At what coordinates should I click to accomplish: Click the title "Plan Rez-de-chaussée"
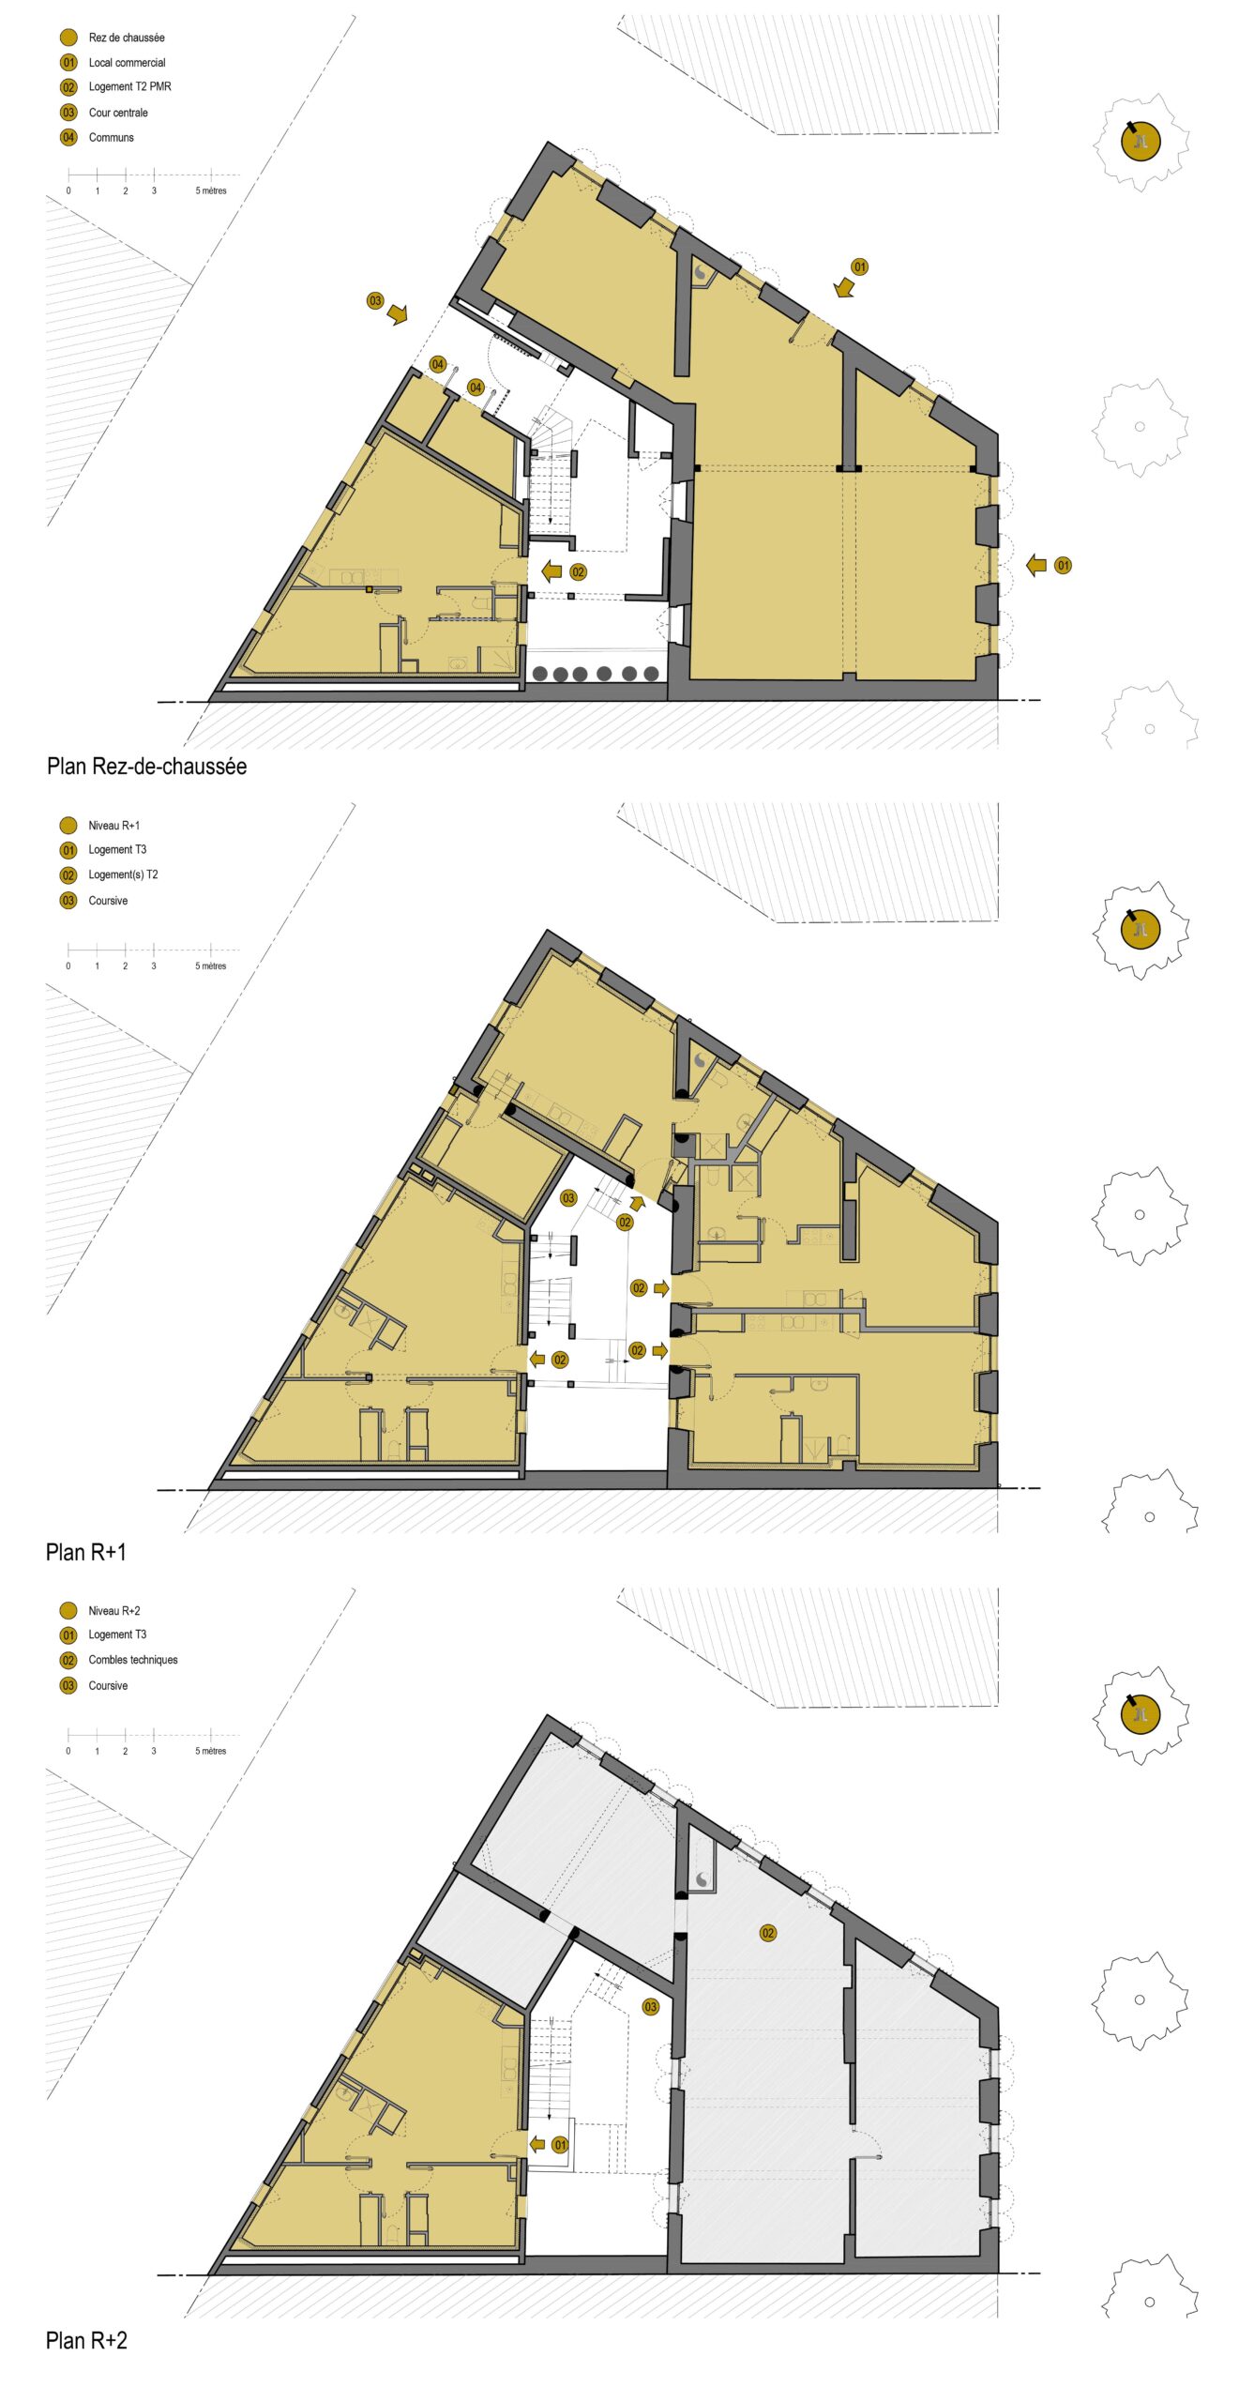point(146,767)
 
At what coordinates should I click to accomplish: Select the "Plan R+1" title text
point(85,1552)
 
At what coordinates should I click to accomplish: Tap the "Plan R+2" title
point(86,2340)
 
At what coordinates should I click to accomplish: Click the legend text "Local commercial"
point(127,63)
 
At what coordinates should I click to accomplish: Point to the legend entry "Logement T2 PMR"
point(129,86)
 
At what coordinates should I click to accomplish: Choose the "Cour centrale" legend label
point(118,113)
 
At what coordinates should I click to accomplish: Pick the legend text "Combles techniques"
point(133,1660)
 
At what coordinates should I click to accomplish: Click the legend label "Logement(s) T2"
point(123,874)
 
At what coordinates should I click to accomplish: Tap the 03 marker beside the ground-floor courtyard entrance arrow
point(375,301)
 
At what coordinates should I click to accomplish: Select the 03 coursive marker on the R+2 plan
point(651,2007)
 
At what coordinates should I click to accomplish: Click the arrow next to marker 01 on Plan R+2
point(537,2144)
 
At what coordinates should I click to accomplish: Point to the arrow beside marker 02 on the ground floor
point(552,570)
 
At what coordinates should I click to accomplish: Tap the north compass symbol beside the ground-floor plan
point(1141,143)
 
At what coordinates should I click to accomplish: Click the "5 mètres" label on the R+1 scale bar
point(211,965)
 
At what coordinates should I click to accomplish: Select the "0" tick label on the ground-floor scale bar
point(68,190)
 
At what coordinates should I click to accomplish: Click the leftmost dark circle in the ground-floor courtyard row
point(540,674)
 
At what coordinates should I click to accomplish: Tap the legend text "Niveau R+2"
point(114,1611)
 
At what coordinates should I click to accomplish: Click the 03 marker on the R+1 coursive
point(568,1198)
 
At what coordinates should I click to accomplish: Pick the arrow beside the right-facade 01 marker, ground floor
point(1036,565)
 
